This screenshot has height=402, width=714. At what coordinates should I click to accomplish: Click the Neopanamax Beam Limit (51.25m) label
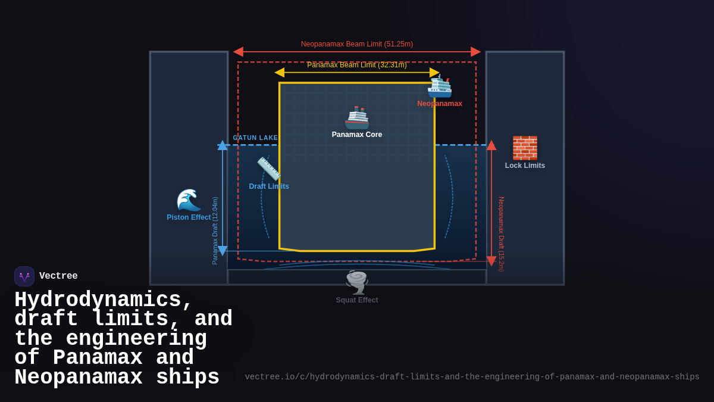(x=357, y=44)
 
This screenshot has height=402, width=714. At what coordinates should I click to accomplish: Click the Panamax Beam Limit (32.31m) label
(x=357, y=65)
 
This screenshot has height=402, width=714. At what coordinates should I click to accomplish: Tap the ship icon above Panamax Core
(x=357, y=118)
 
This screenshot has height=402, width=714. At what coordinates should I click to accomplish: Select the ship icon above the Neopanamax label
(x=440, y=87)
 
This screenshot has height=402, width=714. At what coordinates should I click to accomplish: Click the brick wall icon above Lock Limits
(x=525, y=148)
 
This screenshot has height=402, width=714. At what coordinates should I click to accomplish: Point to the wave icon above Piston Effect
(x=189, y=200)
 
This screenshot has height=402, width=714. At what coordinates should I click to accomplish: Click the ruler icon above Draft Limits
(x=269, y=169)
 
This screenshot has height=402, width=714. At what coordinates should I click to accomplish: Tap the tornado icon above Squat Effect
(x=357, y=282)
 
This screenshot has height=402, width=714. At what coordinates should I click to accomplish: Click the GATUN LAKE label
(x=255, y=138)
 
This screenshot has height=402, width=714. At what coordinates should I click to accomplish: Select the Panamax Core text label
(x=357, y=135)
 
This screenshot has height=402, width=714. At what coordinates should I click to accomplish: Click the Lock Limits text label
(x=525, y=166)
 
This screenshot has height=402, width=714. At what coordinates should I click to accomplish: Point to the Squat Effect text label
(x=357, y=300)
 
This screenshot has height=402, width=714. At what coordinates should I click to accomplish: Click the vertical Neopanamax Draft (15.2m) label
(x=502, y=234)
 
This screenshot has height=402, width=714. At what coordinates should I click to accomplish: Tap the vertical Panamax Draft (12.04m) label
(x=215, y=230)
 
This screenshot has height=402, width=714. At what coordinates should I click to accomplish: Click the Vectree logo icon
(x=24, y=276)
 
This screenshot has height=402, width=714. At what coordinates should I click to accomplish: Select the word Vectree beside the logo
(x=58, y=276)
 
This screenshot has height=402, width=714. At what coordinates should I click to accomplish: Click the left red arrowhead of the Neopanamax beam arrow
(x=238, y=52)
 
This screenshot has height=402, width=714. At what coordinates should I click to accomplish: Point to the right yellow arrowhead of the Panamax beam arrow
(x=434, y=73)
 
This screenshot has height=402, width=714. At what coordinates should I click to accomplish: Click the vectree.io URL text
(x=472, y=377)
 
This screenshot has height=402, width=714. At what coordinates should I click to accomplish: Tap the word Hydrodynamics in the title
(x=98, y=300)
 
